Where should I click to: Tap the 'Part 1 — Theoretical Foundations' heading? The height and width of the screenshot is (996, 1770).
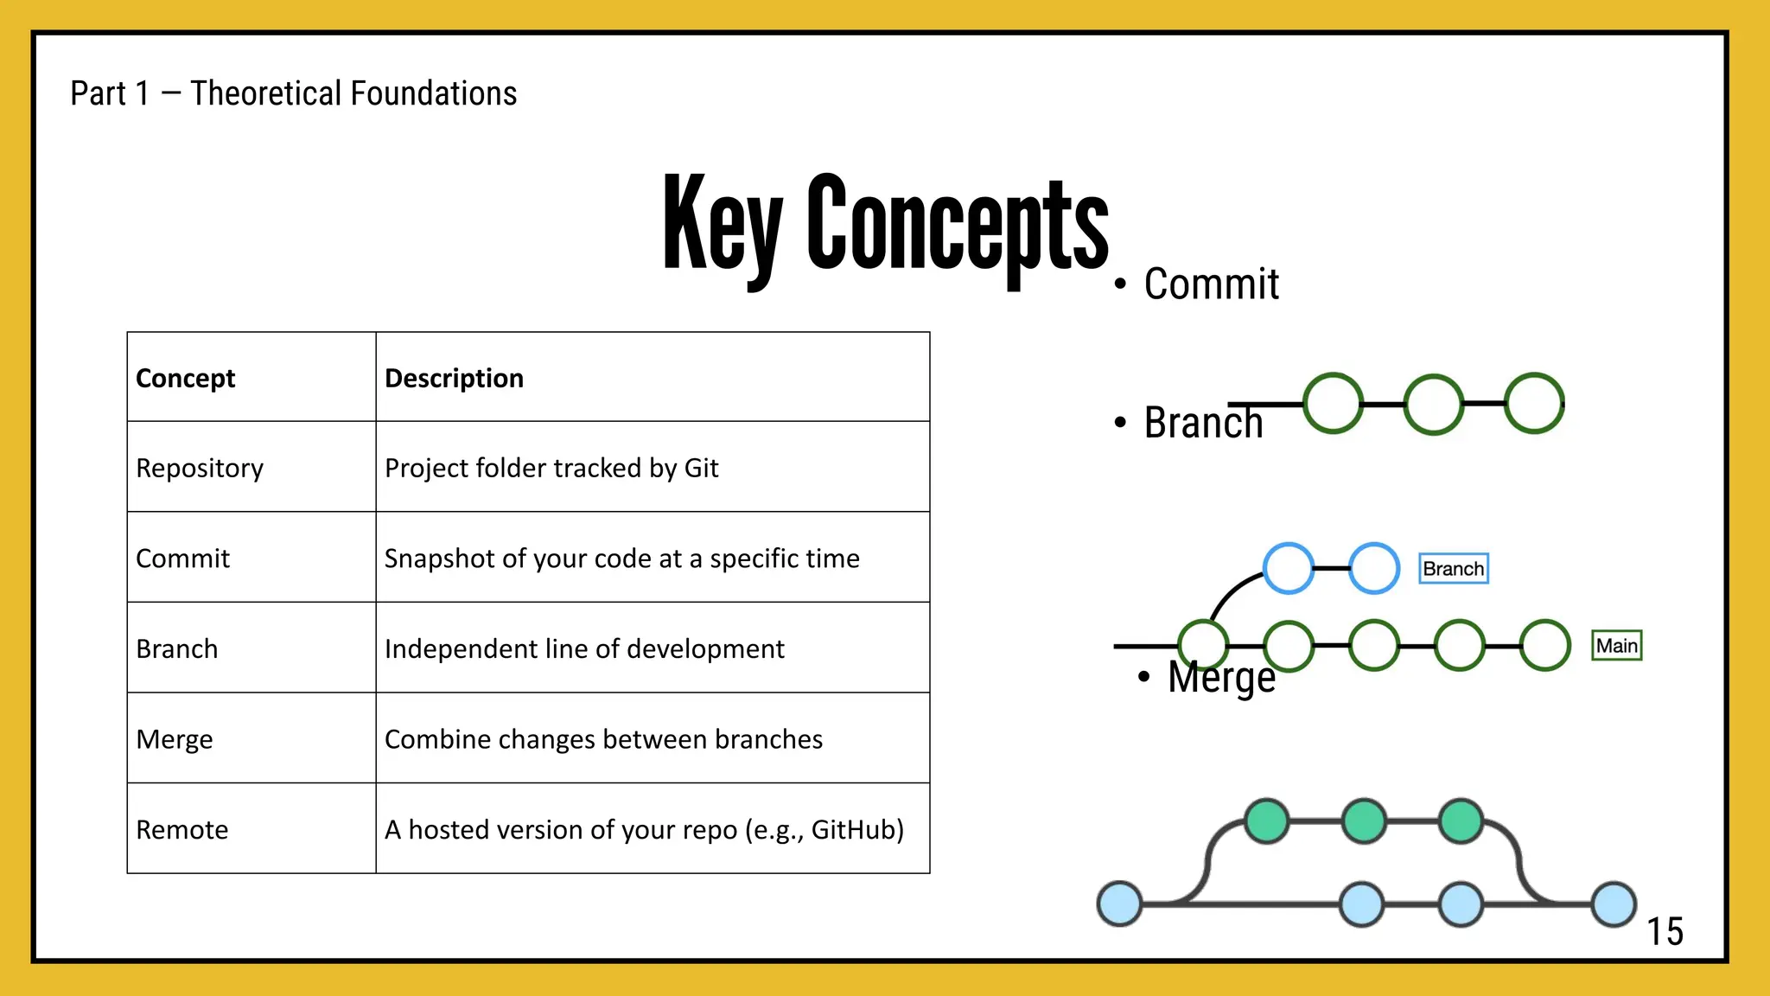pyautogui.click(x=293, y=93)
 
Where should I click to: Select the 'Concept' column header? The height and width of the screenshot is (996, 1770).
pyautogui.click(x=186, y=378)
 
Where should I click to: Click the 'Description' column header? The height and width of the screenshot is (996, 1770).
pyautogui.click(x=454, y=378)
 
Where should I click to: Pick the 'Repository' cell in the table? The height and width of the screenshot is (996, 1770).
pyautogui.click(x=200, y=468)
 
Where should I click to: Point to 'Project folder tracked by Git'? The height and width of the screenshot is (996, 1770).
pyautogui.click(x=551, y=468)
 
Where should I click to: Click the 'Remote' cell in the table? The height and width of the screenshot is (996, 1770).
pyautogui.click(x=182, y=829)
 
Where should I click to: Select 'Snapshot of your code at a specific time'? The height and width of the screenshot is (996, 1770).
pyautogui.click(x=621, y=559)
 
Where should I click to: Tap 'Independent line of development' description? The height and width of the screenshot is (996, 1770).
pyautogui.click(x=584, y=648)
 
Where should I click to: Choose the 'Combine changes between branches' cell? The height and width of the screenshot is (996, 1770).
pyautogui.click(x=603, y=739)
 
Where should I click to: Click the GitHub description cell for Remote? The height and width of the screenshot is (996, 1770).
pyautogui.click(x=644, y=829)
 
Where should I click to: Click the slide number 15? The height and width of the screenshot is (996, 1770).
pyautogui.click(x=1665, y=932)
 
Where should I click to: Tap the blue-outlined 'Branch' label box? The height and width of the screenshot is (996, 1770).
pyautogui.click(x=1454, y=569)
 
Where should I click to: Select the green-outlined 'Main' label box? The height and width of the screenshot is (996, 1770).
pyautogui.click(x=1617, y=646)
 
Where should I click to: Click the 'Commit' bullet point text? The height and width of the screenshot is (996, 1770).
pyautogui.click(x=1211, y=284)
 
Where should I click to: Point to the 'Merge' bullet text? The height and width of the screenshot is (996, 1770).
pyautogui.click(x=1221, y=677)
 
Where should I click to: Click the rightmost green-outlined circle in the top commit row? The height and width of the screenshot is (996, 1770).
pyautogui.click(x=1534, y=404)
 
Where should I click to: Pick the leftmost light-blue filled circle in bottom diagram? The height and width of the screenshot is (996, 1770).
pyautogui.click(x=1119, y=903)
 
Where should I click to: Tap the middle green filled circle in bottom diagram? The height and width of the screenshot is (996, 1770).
pyautogui.click(x=1364, y=820)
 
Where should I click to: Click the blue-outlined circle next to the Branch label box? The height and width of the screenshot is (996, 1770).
pyautogui.click(x=1374, y=568)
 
